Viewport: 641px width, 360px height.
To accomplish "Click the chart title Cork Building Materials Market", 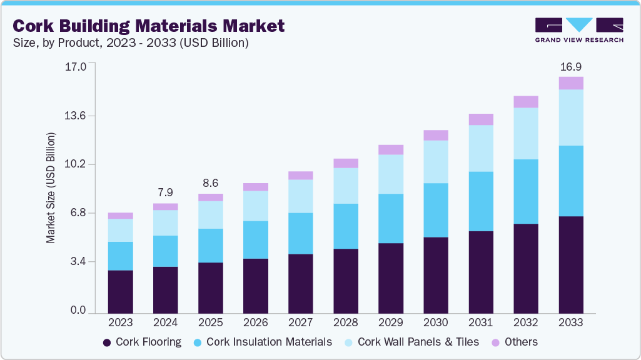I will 148,26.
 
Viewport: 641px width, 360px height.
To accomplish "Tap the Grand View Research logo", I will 578,29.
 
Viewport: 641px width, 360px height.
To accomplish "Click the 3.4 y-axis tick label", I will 79,261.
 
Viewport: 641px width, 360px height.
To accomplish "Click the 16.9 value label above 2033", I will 570,66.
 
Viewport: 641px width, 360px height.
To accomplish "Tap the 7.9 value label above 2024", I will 165,192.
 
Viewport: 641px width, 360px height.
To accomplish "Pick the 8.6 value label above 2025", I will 210,183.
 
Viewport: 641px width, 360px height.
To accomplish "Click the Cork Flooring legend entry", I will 142,342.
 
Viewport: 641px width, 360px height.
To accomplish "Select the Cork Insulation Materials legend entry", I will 263,342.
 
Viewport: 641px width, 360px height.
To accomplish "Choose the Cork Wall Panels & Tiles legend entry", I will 411,342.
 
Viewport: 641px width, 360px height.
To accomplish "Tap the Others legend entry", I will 514,342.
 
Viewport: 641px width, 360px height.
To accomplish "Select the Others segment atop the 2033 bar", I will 570,83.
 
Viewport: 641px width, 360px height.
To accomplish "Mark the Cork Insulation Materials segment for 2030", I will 435,210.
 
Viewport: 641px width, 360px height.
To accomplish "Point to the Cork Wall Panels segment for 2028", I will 345,186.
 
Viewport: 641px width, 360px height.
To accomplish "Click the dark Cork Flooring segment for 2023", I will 120,291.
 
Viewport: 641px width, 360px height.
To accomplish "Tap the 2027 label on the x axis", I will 300,322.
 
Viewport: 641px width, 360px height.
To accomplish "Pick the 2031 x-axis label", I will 480,322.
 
